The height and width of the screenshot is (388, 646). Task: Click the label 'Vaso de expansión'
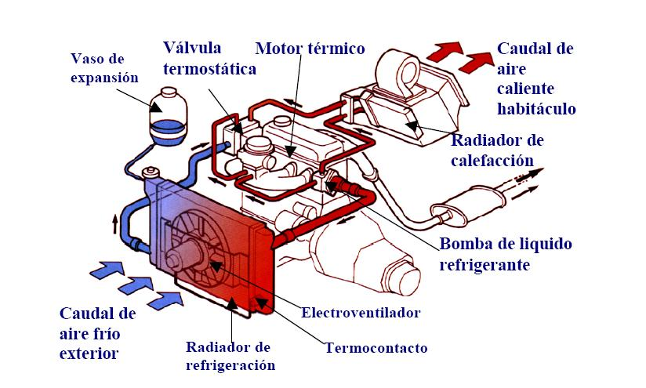point(104,68)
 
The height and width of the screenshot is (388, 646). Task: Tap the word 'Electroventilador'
point(361,313)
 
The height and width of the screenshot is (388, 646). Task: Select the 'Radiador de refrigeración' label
point(230,356)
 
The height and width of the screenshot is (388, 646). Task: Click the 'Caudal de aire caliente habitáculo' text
point(536,78)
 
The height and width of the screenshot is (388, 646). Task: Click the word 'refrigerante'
point(485,264)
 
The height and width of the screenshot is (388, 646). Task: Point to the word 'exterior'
point(89,353)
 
